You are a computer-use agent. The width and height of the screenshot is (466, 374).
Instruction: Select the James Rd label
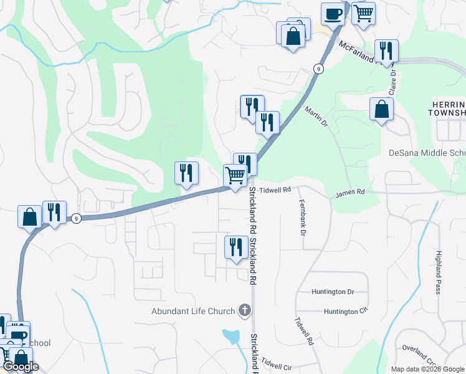point(349,193)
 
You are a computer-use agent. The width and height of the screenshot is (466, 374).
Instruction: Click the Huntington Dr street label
point(333,292)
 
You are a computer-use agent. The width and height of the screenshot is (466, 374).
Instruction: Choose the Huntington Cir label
point(341,312)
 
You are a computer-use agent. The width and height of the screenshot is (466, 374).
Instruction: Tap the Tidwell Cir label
point(277,363)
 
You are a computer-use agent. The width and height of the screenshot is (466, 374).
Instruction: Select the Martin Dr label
point(316,115)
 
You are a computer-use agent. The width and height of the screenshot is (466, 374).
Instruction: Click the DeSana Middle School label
point(427,153)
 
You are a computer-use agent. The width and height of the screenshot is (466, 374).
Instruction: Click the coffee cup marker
point(333,12)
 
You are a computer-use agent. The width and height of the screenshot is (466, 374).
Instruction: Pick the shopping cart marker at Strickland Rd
point(235,176)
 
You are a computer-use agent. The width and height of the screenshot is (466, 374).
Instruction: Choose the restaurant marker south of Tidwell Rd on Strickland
point(235,247)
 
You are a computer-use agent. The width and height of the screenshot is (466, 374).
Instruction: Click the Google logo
point(20,367)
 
